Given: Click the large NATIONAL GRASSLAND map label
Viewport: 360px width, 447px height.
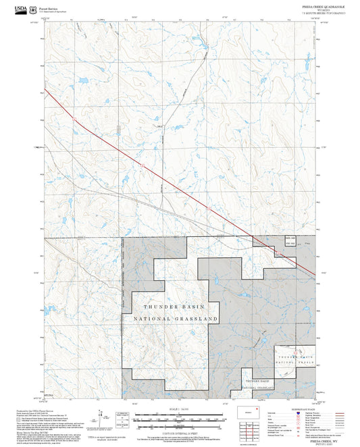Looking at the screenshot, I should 176,318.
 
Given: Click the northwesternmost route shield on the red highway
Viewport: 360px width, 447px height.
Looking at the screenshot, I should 74,120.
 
